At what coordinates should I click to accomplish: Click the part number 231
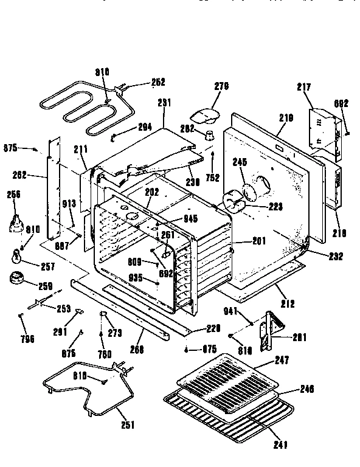coord(163,103)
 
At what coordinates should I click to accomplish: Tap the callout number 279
coord(221,86)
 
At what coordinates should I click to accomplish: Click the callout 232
coord(334,256)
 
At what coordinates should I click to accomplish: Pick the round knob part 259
coord(18,279)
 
